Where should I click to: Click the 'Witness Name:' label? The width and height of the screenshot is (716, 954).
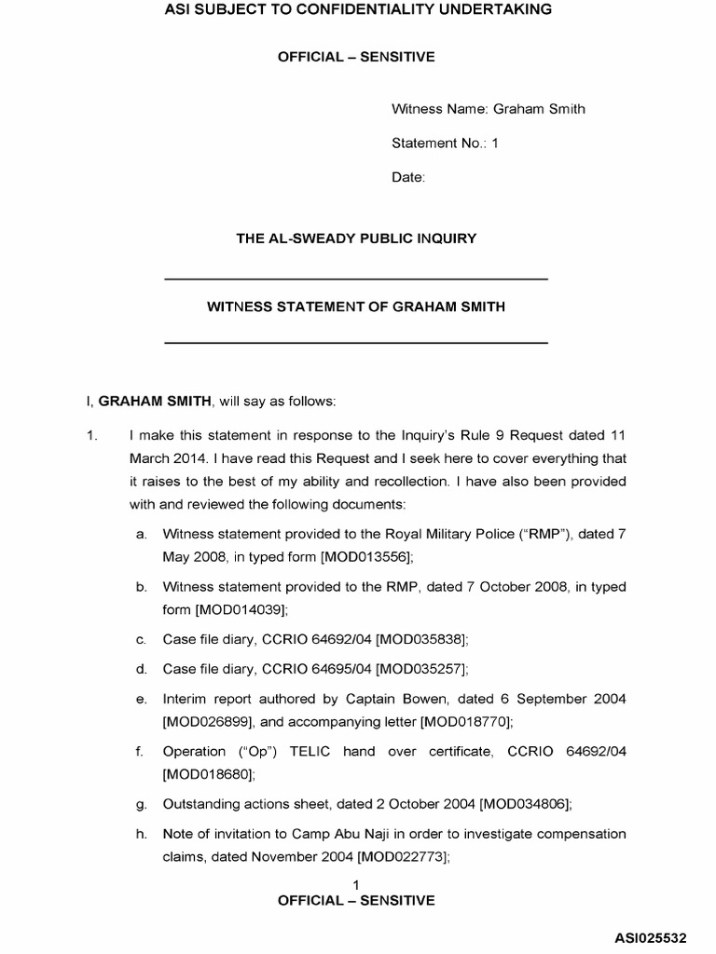click(x=434, y=109)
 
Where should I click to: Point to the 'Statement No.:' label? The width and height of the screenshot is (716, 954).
click(x=435, y=143)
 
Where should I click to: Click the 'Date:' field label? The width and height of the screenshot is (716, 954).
click(x=408, y=177)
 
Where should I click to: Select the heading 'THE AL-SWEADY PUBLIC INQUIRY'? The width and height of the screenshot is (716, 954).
click(x=356, y=238)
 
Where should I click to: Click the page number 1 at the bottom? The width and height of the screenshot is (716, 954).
click(x=356, y=883)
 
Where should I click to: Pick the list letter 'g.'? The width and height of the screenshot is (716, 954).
click(x=142, y=803)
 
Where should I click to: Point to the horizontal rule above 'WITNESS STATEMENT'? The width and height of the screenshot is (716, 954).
click(x=356, y=279)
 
